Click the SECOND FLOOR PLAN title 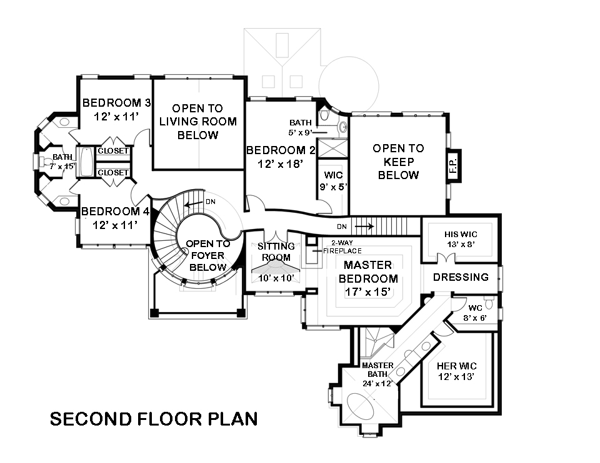click(x=154, y=418)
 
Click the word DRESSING click(x=461, y=277)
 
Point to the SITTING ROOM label click(x=276, y=251)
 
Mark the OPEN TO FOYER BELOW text click(x=207, y=255)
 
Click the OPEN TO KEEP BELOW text click(x=398, y=162)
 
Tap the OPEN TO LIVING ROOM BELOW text click(x=197, y=122)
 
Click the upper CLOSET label click(x=113, y=151)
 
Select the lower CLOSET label click(x=113, y=172)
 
